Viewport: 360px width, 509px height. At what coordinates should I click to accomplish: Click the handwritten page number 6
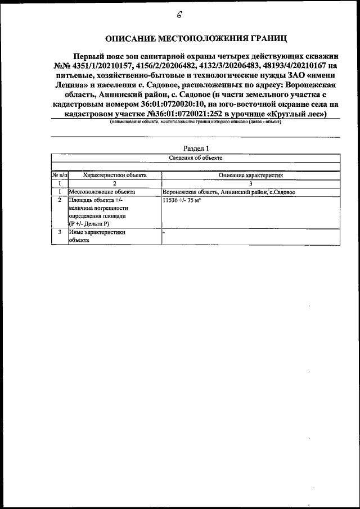(x=179, y=15)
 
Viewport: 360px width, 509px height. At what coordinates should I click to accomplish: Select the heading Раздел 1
(x=196, y=148)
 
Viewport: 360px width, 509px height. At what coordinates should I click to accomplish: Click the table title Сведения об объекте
(x=196, y=158)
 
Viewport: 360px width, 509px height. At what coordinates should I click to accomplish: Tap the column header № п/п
(x=59, y=175)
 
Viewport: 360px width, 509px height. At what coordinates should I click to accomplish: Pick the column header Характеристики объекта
(x=114, y=175)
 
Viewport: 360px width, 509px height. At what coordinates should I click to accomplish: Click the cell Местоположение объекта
(x=102, y=192)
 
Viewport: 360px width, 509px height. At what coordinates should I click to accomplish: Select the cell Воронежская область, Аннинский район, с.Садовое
(x=228, y=192)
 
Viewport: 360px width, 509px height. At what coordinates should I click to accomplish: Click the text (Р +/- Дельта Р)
(x=93, y=224)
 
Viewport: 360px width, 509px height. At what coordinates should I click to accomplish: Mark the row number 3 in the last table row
(x=60, y=232)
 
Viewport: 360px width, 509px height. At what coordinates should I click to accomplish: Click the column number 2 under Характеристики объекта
(x=114, y=183)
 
